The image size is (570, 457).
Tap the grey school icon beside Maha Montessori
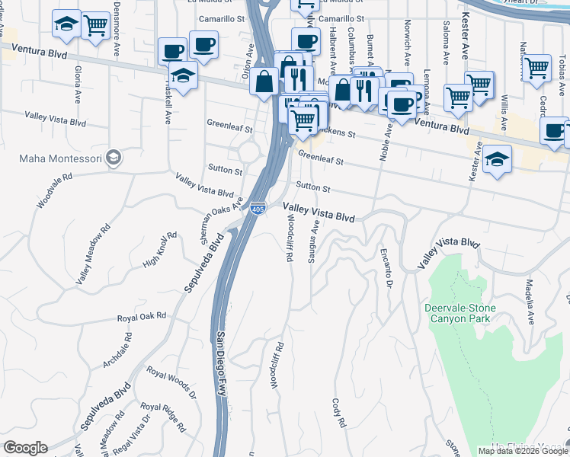pos(114,158)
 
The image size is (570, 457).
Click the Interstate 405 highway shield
pos(258,206)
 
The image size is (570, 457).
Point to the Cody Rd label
pos(339,412)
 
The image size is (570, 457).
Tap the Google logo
pos(25,448)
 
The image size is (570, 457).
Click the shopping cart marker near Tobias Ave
pos(537,68)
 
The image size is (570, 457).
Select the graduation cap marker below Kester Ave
pos(497,159)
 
